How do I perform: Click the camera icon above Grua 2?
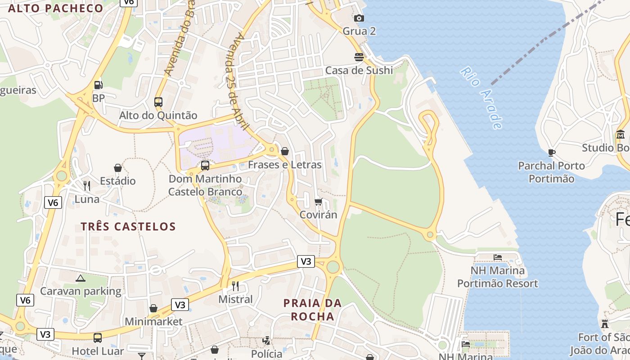tap(359, 18)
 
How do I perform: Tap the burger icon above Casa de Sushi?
tap(359, 57)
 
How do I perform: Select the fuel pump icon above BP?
tap(98, 85)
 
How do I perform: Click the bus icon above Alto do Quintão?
tap(158, 102)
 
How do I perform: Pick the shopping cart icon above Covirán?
tap(319, 202)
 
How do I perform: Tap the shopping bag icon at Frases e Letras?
tap(285, 152)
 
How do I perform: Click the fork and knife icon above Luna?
tap(87, 185)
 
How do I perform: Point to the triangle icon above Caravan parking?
tap(81, 278)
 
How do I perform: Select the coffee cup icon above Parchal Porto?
tap(552, 153)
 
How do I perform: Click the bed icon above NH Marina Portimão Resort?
tap(497, 257)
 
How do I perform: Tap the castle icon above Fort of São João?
tap(605, 324)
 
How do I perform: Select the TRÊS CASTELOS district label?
tap(128, 226)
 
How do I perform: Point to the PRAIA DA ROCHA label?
tap(312, 310)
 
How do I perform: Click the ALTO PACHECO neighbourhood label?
tap(56, 8)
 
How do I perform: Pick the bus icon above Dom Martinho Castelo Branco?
tap(205, 166)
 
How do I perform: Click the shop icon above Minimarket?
tap(153, 308)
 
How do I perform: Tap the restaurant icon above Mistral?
tap(235, 286)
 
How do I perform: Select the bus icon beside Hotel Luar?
tap(98, 338)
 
